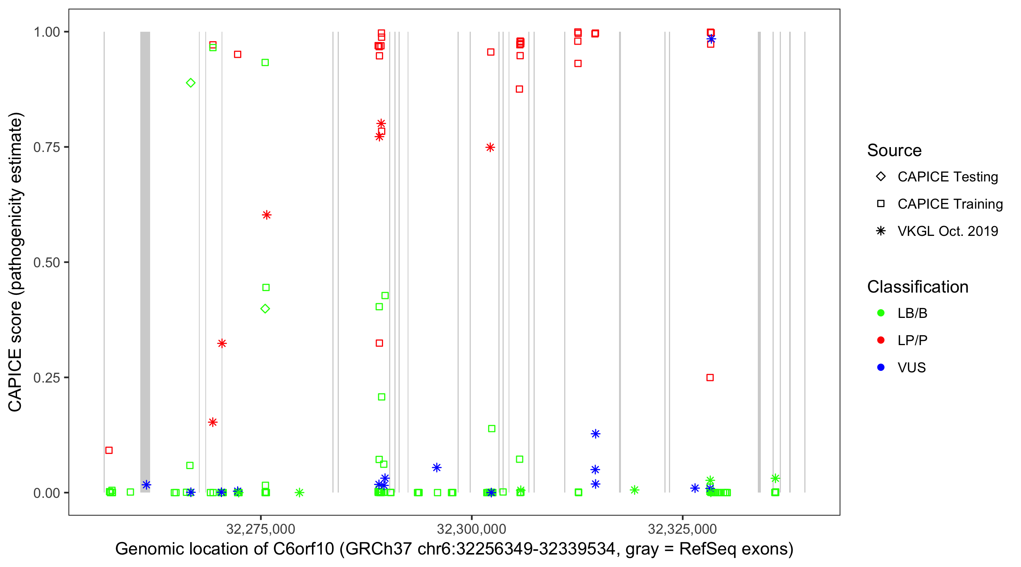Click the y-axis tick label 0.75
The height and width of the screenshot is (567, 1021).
point(47,147)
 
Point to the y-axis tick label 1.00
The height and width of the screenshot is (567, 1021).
point(47,32)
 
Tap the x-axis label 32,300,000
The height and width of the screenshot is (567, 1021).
point(471,529)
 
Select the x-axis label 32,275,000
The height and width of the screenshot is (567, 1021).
point(261,529)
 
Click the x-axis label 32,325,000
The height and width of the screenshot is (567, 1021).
point(682,529)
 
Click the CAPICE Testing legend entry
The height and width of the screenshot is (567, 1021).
point(947,177)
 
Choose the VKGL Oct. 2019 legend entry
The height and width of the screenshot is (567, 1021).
point(947,231)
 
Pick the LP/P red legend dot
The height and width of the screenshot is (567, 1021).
point(881,340)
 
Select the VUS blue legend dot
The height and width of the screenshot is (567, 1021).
point(881,368)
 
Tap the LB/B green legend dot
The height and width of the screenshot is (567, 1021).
point(881,313)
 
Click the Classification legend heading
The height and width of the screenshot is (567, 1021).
point(917,287)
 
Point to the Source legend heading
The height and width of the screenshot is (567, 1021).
point(894,150)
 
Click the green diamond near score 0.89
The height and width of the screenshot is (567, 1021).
point(191,83)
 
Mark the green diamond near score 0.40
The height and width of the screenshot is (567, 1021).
point(265,309)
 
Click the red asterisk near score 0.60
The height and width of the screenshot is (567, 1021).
point(267,215)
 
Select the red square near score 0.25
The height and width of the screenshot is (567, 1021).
point(710,378)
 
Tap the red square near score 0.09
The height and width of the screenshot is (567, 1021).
point(109,450)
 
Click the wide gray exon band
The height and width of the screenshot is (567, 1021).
point(145,262)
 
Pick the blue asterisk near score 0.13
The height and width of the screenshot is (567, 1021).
point(595,434)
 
